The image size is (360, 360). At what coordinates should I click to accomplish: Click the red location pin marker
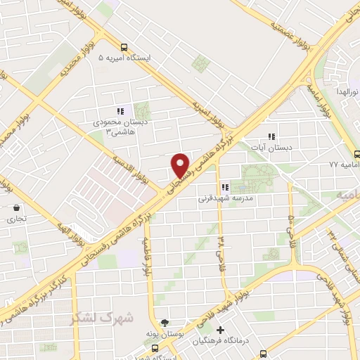[181, 165]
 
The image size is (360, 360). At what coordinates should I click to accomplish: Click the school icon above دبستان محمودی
[120, 110]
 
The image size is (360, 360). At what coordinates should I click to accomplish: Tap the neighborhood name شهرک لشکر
[102, 318]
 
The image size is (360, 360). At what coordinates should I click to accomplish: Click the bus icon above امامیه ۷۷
[357, 154]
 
